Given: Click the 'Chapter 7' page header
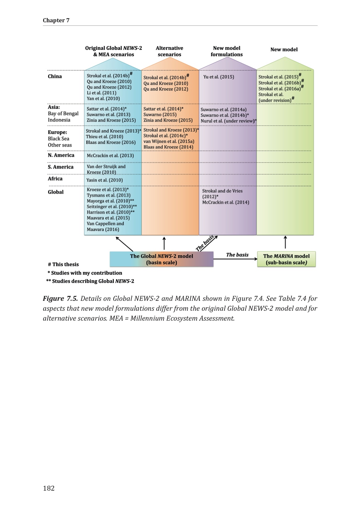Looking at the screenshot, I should point(56,20).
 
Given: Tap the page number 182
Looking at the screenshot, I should point(49,488).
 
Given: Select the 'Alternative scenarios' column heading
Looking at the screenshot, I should point(169,51).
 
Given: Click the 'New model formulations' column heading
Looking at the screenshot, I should point(227,51).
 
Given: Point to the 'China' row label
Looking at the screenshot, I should point(55,76).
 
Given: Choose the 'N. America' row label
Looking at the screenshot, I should point(61,155).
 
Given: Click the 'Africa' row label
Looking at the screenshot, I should point(55,179).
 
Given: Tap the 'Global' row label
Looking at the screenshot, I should point(56,192).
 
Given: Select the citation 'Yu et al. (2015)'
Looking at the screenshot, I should point(219,77).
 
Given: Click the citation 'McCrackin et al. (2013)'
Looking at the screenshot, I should point(110,156).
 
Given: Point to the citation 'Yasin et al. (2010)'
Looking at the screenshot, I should point(105,180).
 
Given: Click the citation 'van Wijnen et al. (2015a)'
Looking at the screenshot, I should point(169,141).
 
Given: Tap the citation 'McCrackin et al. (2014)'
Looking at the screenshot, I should point(226,202).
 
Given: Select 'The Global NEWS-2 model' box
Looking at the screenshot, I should point(162,259).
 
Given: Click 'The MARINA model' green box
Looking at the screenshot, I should point(286,259).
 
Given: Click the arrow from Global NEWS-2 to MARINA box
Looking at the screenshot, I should point(235,259).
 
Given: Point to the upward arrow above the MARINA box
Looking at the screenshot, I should point(285,242).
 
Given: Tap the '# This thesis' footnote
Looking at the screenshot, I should point(63,264).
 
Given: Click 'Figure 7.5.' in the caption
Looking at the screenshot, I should point(60,298).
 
